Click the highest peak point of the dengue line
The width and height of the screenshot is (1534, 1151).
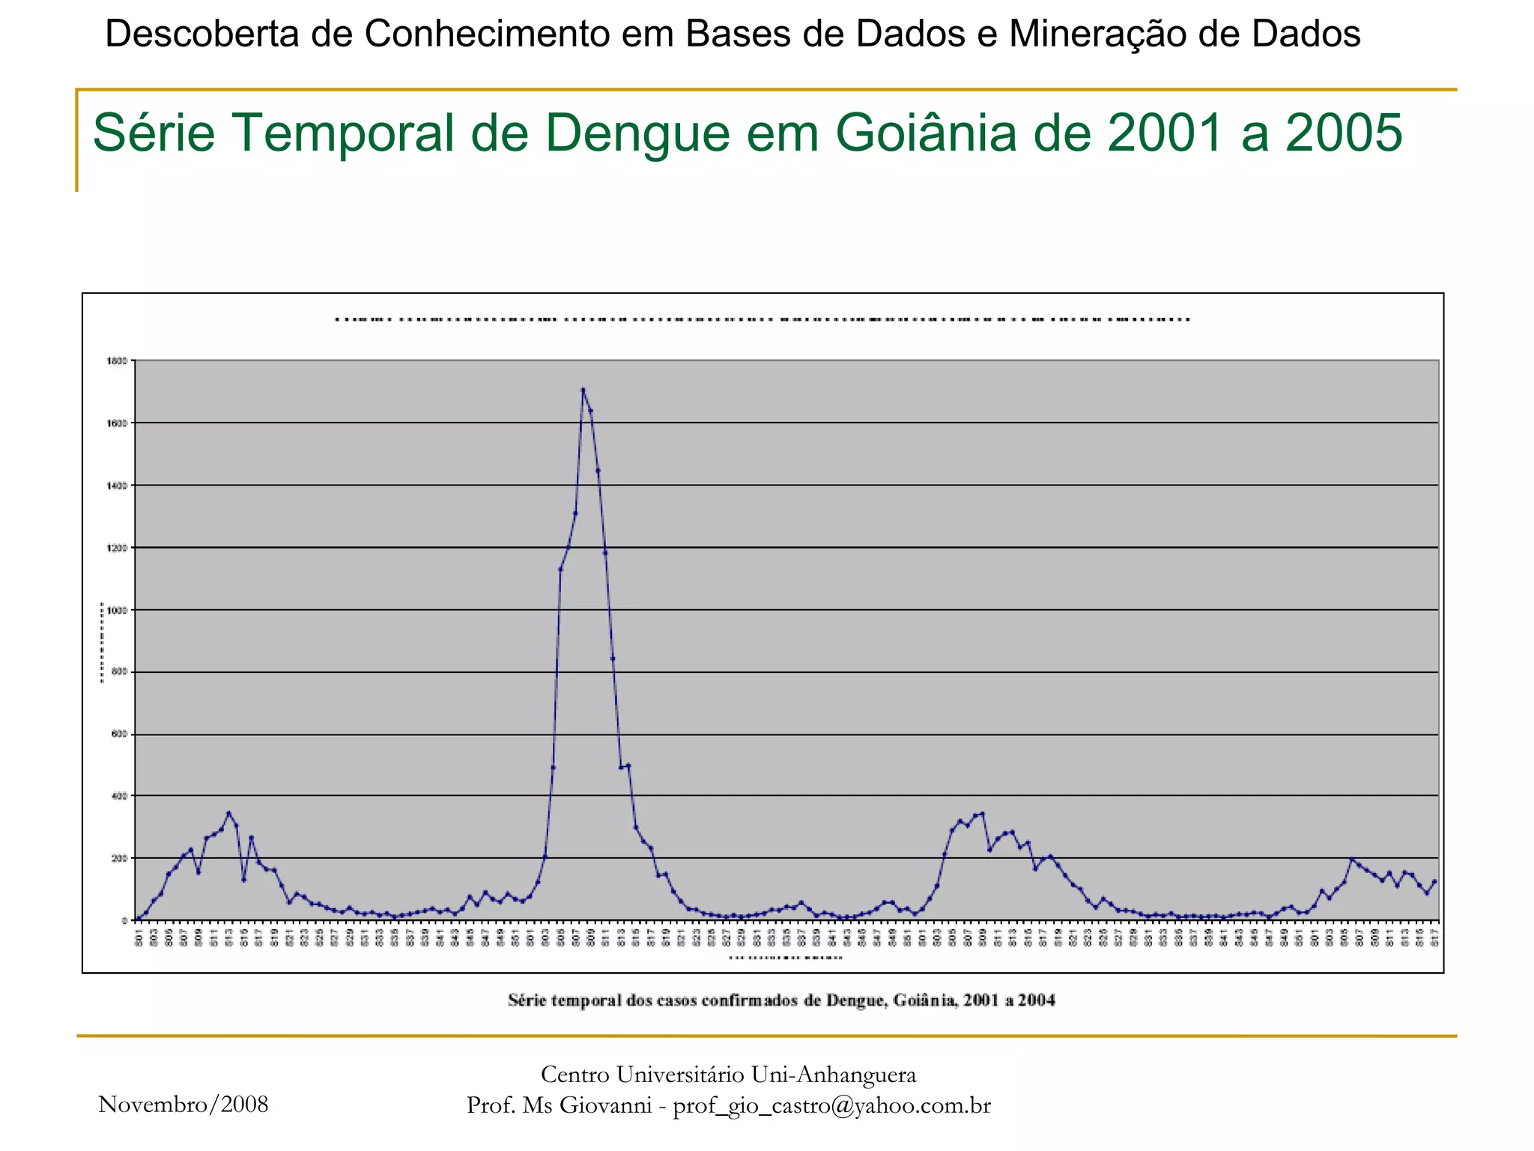[x=583, y=389]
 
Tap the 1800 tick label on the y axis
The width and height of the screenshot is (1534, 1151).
[x=118, y=361]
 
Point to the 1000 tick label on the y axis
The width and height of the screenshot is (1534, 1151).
[x=118, y=611]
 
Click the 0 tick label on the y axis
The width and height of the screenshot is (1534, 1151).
[x=125, y=921]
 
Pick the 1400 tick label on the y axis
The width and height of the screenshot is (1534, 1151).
[x=118, y=486]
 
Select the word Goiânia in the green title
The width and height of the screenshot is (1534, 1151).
[x=926, y=133]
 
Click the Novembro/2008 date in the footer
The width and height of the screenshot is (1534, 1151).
[x=184, y=1105]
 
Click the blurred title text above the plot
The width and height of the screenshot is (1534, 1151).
[x=763, y=320]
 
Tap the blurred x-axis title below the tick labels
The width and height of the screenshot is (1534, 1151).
[x=786, y=958]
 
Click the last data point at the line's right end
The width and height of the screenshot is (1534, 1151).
[x=1434, y=882]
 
